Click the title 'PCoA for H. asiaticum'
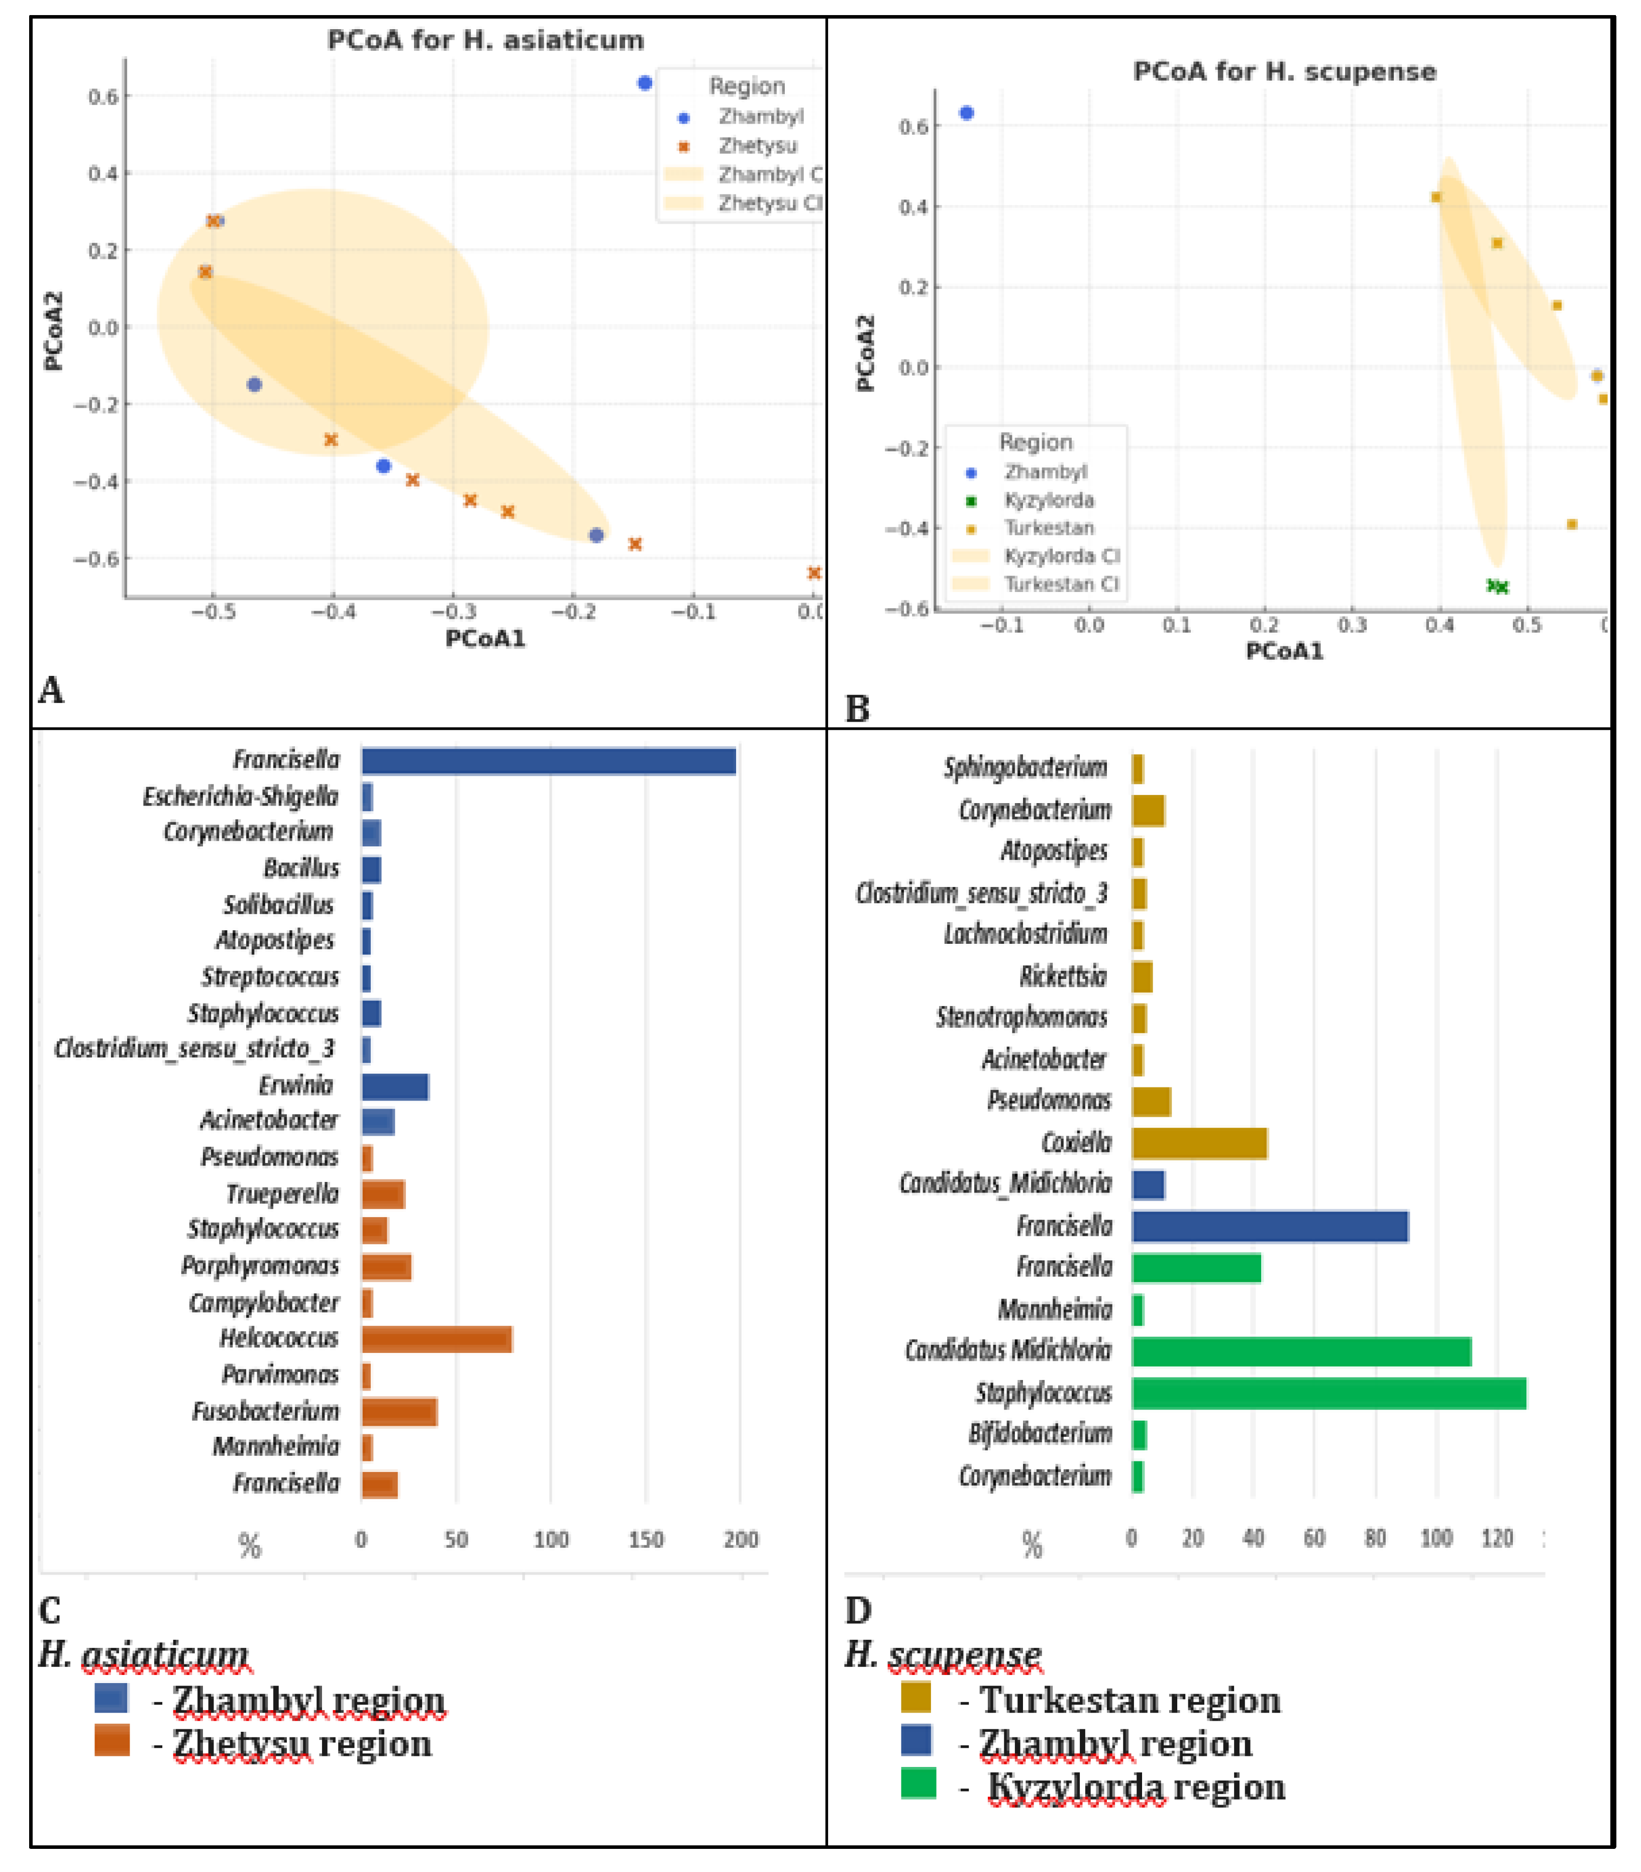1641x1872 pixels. [485, 40]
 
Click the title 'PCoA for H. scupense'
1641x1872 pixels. [1284, 71]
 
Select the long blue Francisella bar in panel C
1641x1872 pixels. [549, 761]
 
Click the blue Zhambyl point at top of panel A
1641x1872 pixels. [645, 83]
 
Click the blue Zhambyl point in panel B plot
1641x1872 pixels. [966, 114]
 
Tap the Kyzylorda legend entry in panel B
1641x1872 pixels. [1049, 500]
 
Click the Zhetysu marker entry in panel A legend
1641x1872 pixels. [756, 146]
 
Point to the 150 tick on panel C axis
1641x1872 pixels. [646, 1539]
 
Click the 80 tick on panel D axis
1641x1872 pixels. [1375, 1538]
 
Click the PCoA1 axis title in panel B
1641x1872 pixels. [1284, 651]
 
